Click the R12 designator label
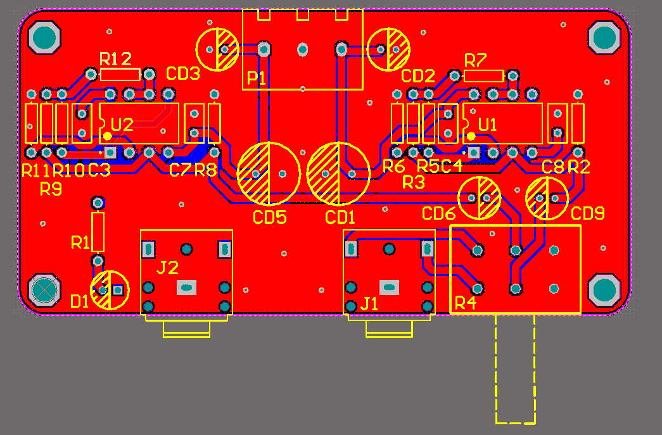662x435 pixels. (116, 59)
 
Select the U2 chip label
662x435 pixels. (122, 125)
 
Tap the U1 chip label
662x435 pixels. (488, 125)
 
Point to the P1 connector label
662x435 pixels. (257, 78)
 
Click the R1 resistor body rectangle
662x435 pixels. (98, 232)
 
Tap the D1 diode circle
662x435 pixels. (110, 271)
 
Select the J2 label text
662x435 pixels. (168, 267)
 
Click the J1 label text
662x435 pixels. (369, 303)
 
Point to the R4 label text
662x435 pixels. (466, 303)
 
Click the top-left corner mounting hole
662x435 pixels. (44, 37)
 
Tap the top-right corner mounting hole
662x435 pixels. (604, 37)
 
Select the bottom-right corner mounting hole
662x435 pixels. (604, 290)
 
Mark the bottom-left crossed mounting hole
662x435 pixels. (44, 290)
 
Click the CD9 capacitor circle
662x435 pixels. (547, 178)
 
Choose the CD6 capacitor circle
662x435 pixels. (479, 177)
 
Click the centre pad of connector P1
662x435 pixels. (302, 50)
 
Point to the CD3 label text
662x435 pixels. (183, 73)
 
